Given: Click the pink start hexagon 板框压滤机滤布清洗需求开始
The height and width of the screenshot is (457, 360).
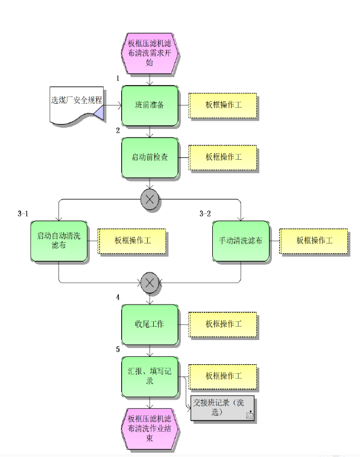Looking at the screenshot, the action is [x=150, y=53].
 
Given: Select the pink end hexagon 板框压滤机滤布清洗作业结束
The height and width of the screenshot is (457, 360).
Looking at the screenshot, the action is [x=150, y=429].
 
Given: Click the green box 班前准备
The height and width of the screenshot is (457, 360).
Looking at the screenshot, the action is [x=150, y=106].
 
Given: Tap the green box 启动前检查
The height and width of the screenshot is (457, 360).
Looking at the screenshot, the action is [x=150, y=158].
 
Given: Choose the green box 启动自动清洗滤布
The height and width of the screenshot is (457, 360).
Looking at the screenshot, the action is [x=59, y=241].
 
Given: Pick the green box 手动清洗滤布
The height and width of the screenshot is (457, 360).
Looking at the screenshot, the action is [x=241, y=241].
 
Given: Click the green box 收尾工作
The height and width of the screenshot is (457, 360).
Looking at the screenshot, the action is [x=150, y=325].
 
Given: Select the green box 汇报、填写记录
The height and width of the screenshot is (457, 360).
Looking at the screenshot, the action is [x=150, y=377].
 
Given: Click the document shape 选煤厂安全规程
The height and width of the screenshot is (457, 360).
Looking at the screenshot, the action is [x=77, y=105].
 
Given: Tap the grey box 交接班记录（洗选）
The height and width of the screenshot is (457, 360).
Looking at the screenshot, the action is [x=223, y=408].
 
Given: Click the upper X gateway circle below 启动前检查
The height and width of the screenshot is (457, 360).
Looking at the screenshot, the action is [x=150, y=200].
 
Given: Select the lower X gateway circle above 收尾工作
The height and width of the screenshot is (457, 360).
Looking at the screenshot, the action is [x=150, y=283].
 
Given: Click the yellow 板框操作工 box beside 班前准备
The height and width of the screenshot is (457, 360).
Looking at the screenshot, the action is [x=223, y=106].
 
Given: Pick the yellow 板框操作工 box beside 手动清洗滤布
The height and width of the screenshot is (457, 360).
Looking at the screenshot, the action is [x=314, y=241].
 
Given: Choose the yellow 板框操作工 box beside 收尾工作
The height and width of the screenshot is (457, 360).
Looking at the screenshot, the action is [x=223, y=325].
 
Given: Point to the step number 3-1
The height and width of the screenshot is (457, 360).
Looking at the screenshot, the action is [x=23, y=213].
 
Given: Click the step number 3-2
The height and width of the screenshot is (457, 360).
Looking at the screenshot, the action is [x=205, y=213].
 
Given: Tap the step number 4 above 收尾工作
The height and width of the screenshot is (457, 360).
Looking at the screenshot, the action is [x=118, y=297].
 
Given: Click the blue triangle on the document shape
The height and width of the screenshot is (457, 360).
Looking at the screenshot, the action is [x=99, y=113].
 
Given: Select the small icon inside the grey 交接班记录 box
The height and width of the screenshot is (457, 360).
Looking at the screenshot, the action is [x=250, y=415].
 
